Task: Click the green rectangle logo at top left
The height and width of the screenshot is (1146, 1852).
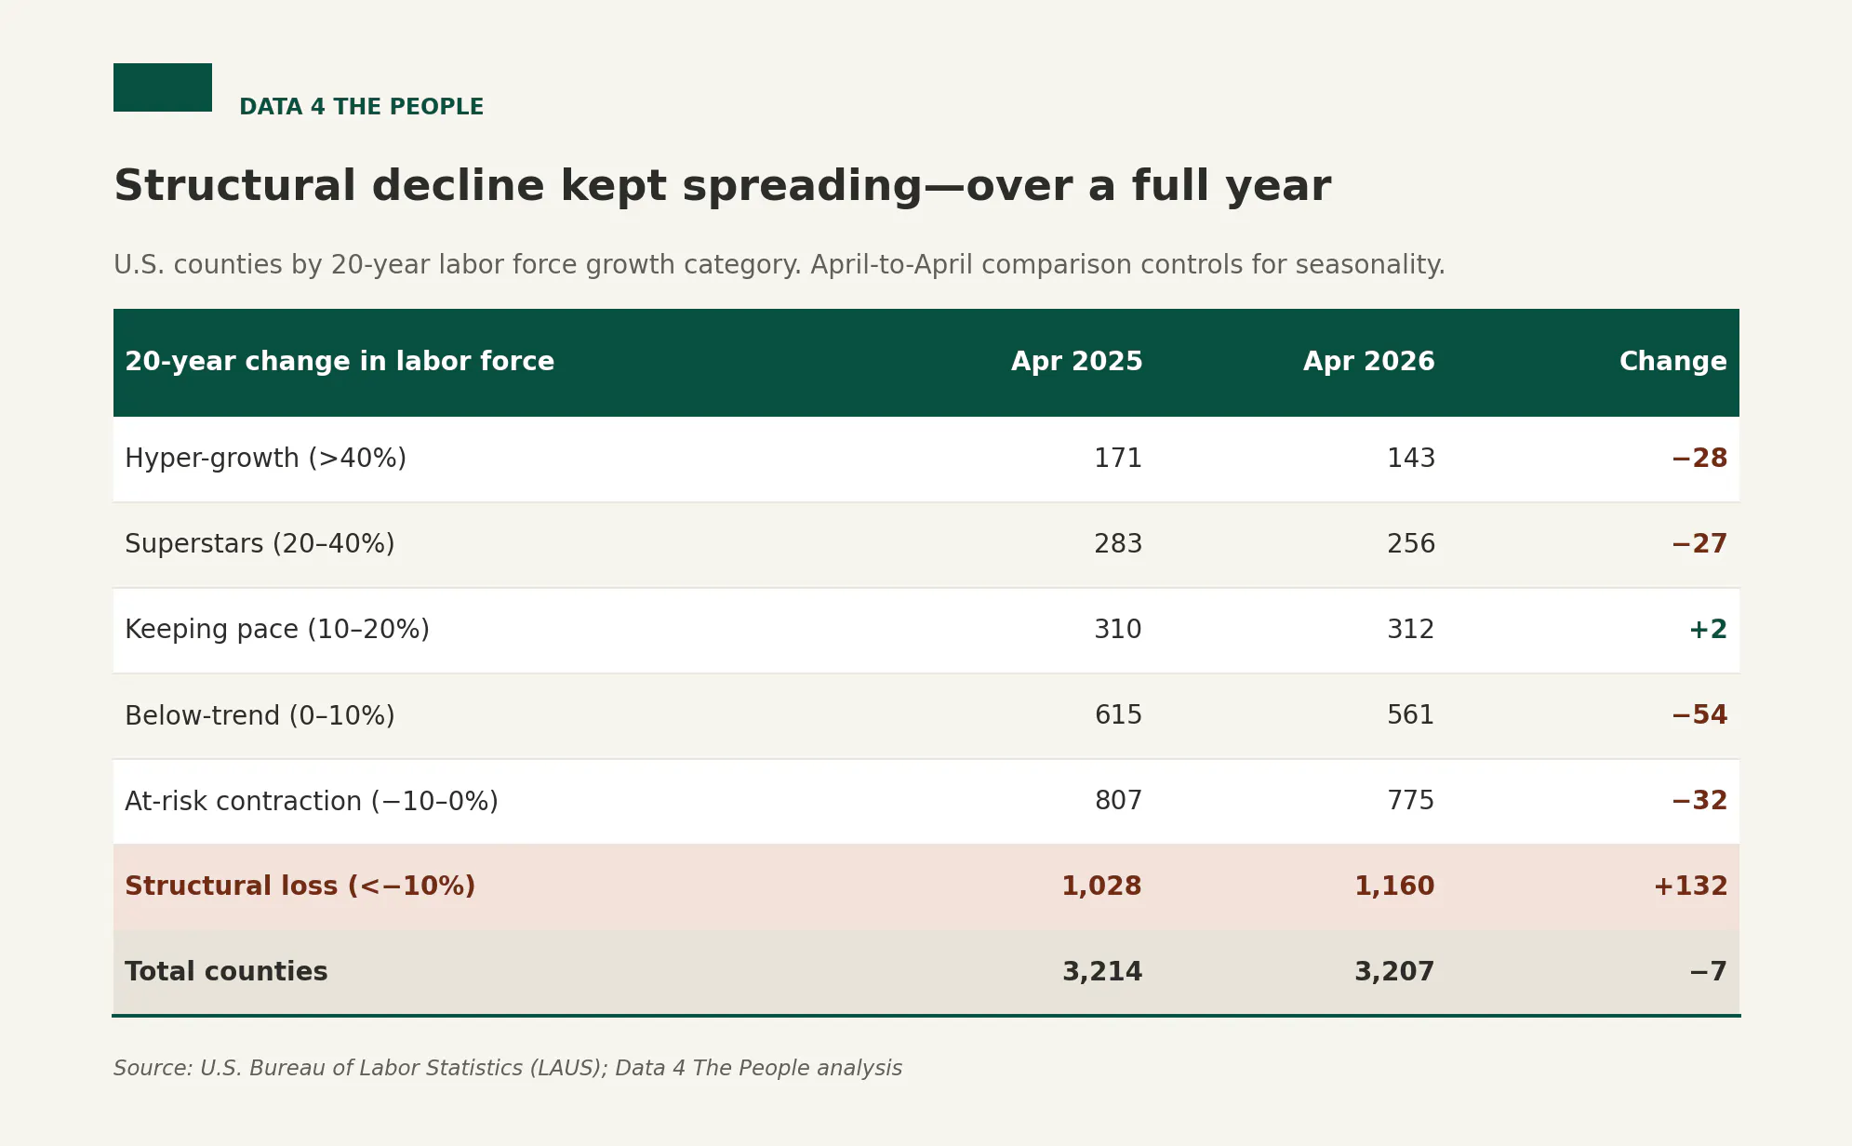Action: click(163, 87)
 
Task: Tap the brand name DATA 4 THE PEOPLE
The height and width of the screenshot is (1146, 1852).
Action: click(361, 107)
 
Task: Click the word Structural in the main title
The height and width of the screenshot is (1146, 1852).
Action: click(235, 186)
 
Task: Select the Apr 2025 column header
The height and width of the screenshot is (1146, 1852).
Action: click(1076, 362)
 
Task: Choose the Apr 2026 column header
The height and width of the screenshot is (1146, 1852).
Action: click(1368, 362)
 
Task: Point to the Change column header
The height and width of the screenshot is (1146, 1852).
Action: click(1672, 362)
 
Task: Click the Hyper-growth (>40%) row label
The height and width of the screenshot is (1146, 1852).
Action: click(265, 459)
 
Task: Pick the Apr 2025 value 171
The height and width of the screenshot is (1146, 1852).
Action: click(1118, 459)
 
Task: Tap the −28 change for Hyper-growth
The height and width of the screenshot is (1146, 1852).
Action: click(1699, 459)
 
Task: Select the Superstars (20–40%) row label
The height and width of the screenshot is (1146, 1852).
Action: click(260, 544)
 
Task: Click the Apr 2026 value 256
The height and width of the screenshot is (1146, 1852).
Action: click(1411, 544)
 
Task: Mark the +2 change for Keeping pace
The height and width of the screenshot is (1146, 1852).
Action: click(1708, 630)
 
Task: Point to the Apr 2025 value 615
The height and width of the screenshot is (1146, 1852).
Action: click(1118, 715)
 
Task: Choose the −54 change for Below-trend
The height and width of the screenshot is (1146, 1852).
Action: click(1699, 715)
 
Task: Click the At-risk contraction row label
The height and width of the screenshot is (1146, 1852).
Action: click(312, 801)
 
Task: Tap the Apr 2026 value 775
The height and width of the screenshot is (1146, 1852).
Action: click(1411, 801)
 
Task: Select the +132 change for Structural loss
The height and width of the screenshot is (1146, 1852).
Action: click(1690, 886)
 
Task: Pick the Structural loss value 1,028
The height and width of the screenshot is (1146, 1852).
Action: click(1101, 886)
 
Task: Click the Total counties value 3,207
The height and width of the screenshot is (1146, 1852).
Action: click(1394, 972)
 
